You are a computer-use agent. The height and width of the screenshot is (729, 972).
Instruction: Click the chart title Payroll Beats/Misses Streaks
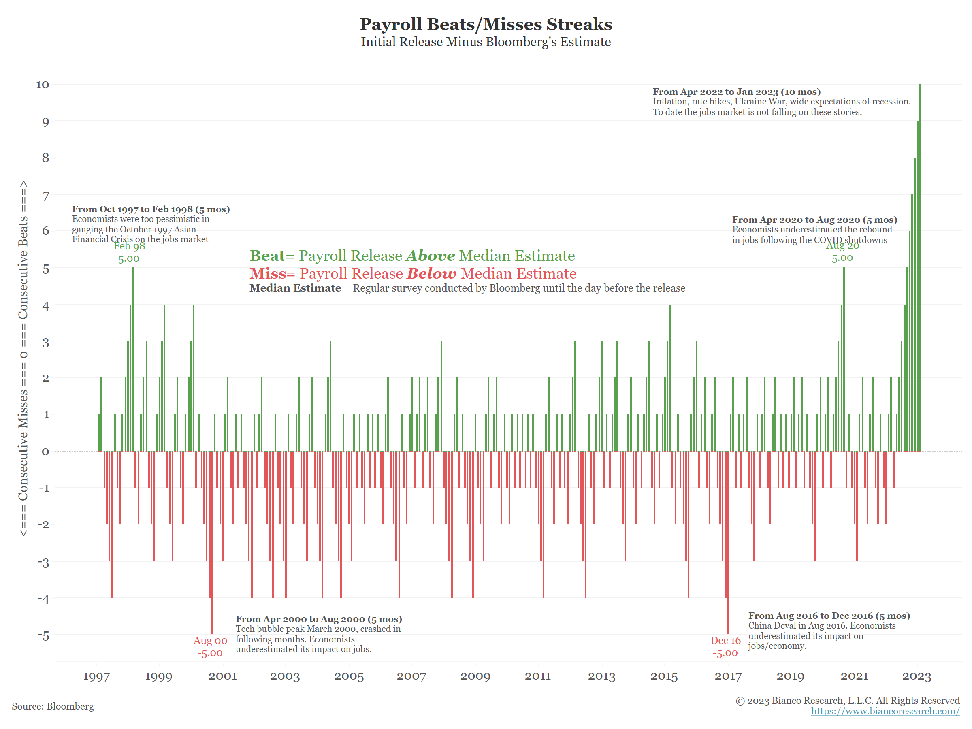(x=486, y=24)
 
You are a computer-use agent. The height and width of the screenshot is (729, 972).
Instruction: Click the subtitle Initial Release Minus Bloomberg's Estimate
(x=486, y=42)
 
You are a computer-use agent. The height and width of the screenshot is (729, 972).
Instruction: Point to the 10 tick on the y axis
(x=43, y=85)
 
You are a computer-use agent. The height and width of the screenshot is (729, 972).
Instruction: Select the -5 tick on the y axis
(x=43, y=635)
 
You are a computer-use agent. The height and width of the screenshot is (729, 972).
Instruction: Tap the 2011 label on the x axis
(x=537, y=676)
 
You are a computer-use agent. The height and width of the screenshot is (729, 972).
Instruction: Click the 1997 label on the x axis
(x=96, y=676)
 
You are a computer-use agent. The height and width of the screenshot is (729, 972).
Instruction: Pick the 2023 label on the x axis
(x=916, y=676)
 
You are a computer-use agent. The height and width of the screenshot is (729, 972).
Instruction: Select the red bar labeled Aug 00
(x=212, y=543)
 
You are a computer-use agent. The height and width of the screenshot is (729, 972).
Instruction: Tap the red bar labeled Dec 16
(x=728, y=543)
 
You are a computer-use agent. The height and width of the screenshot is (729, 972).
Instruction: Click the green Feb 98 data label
(x=129, y=252)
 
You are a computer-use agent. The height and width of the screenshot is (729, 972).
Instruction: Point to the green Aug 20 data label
(x=842, y=252)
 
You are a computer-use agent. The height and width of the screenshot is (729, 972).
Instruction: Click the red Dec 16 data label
(x=725, y=646)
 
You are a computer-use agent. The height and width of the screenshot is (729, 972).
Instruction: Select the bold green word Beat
(x=267, y=256)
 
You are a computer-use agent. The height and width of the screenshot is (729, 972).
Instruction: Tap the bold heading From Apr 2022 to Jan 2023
(x=736, y=92)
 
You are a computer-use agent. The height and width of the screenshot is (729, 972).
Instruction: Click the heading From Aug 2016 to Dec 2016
(x=829, y=616)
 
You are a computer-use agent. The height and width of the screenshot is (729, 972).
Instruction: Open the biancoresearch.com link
(x=885, y=711)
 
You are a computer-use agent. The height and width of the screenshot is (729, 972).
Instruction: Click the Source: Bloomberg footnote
(x=53, y=706)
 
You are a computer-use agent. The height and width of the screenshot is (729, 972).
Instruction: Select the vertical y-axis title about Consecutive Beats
(x=23, y=358)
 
